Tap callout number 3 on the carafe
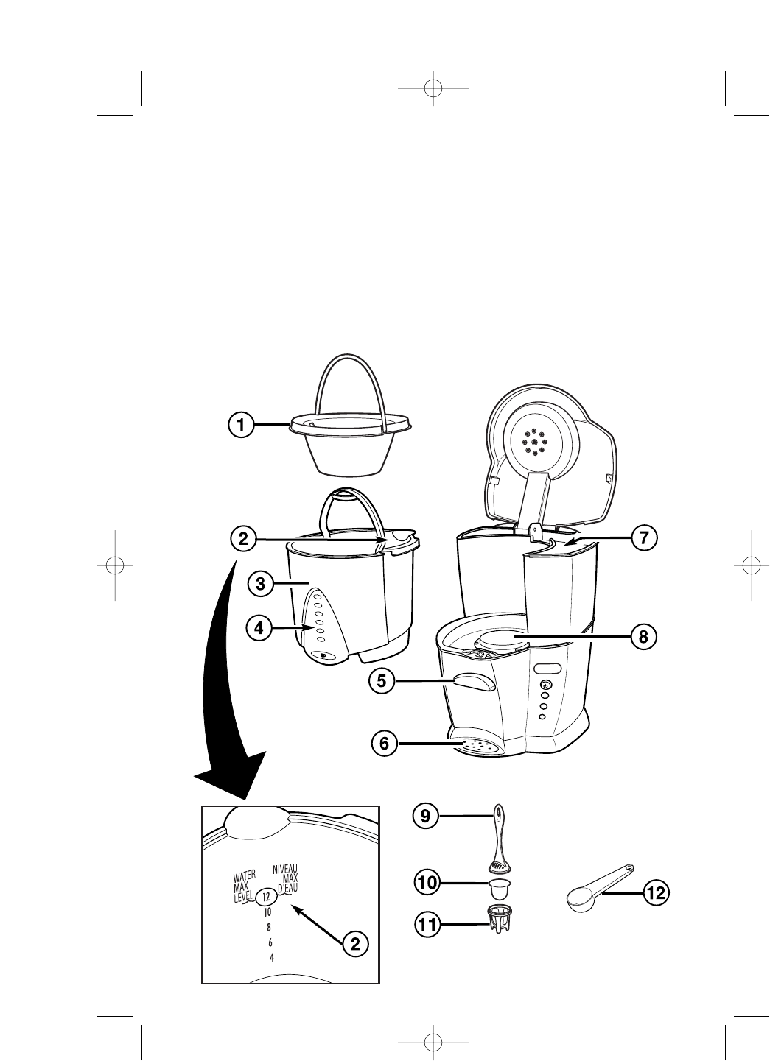pyautogui.click(x=259, y=585)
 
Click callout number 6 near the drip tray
pyautogui.click(x=384, y=744)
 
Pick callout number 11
pyautogui.click(x=427, y=926)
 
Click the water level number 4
pyautogui.click(x=272, y=957)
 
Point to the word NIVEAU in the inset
pyautogui.click(x=284, y=868)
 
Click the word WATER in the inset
pyautogui.click(x=245, y=877)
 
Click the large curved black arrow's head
pyautogui.click(x=230, y=780)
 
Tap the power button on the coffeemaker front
pyautogui.click(x=545, y=685)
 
